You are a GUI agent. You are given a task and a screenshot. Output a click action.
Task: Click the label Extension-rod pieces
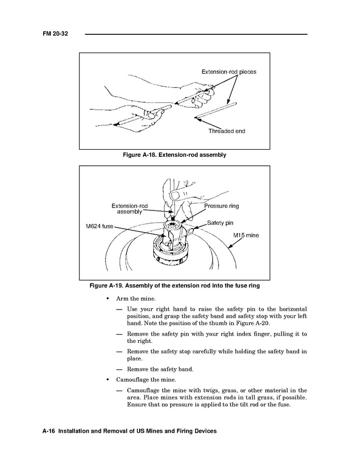229,72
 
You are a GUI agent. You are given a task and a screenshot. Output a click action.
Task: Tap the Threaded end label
226,131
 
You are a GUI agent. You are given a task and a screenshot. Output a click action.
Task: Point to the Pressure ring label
221,206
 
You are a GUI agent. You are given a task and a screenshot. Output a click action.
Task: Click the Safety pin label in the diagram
220,223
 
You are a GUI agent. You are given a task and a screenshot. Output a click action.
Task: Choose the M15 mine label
246,235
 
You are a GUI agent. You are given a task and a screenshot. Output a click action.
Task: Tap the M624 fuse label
100,227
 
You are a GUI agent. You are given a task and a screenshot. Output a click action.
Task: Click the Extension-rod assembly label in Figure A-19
129,209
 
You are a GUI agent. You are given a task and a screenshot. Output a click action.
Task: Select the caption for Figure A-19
174,286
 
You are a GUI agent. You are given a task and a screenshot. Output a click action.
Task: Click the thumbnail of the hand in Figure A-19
175,195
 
